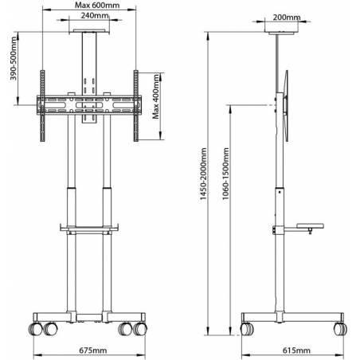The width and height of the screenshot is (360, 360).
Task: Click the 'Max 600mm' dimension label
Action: pyautogui.click(x=97, y=5)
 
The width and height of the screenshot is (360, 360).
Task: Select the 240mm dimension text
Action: pyautogui.click(x=95, y=15)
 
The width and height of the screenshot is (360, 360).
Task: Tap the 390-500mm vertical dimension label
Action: pyautogui.click(x=14, y=58)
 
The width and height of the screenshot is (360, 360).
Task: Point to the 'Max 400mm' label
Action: pyautogui.click(x=156, y=96)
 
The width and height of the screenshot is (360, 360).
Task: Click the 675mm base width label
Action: pyautogui.click(x=93, y=350)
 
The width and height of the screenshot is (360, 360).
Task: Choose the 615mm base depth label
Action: pyautogui.click(x=296, y=350)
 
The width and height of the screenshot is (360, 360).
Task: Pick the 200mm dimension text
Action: pyautogui.click(x=287, y=18)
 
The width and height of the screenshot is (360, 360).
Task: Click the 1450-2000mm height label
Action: pyautogui.click(x=203, y=174)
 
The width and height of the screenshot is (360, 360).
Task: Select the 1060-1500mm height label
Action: pyautogui.click(x=225, y=174)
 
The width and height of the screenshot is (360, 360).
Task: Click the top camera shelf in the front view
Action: pyautogui.click(x=89, y=31)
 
